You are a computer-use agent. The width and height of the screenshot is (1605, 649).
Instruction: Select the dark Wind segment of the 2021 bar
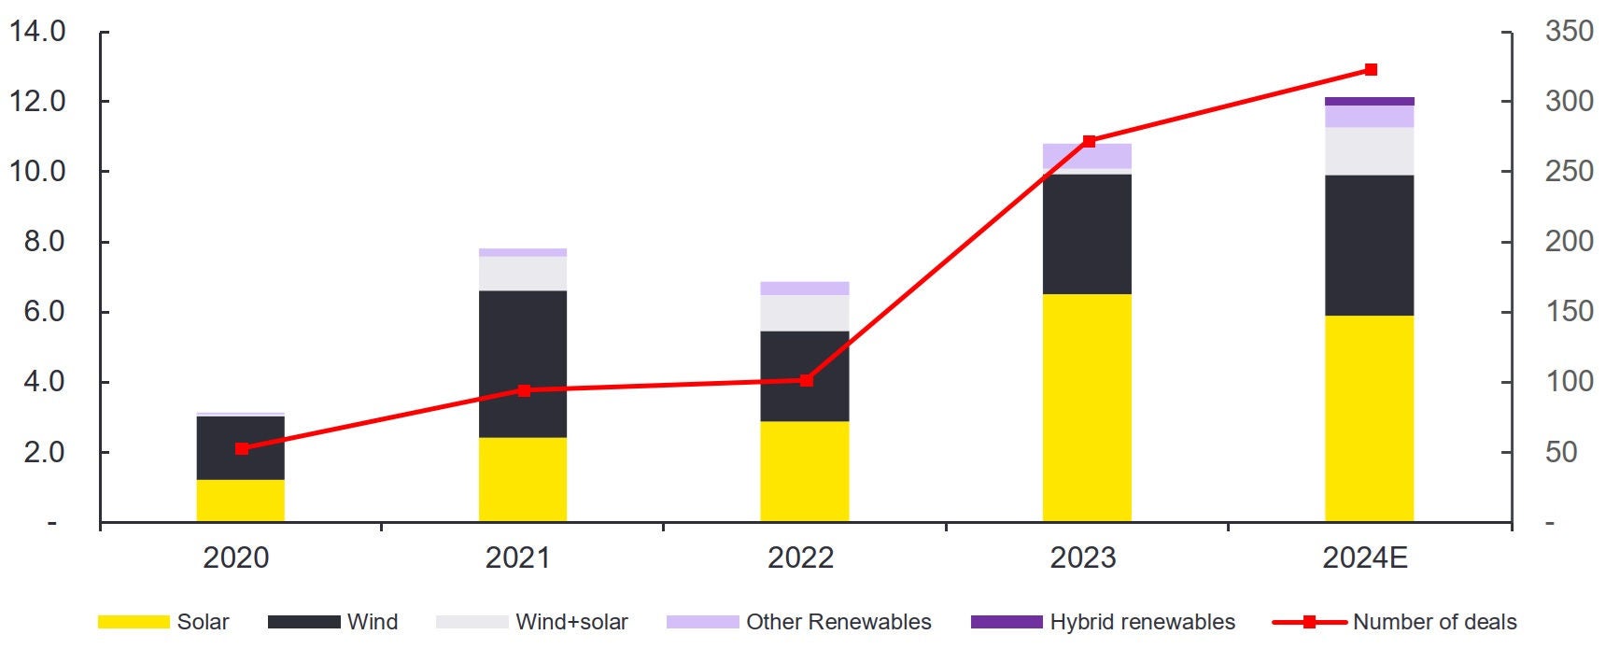point(522,364)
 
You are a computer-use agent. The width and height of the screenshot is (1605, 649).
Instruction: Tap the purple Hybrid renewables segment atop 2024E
point(1369,101)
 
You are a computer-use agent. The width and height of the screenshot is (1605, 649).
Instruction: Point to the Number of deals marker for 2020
point(242,448)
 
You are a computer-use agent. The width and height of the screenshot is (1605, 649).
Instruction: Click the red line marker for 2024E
point(1371,70)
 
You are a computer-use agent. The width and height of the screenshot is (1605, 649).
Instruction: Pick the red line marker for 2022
point(807,380)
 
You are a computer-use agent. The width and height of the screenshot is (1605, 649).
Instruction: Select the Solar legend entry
point(163,622)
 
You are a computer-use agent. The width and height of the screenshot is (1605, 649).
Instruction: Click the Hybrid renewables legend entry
point(1103,622)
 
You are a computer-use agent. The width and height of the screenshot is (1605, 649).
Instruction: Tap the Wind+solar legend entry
point(532,622)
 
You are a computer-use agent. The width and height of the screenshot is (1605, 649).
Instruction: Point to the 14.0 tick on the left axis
point(37,32)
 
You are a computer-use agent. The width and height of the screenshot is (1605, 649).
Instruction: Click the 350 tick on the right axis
point(1569,32)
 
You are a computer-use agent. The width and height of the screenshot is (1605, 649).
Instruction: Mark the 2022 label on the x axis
point(800,557)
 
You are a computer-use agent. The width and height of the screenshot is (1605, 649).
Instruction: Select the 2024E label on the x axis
point(1365,557)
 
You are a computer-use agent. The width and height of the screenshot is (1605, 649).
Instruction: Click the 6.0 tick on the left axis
point(37,312)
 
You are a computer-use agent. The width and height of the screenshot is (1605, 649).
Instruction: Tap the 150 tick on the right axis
point(1569,312)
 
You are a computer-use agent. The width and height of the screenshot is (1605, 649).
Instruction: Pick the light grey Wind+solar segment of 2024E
point(1369,151)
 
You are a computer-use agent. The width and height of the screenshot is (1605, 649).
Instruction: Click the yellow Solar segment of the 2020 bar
point(240,501)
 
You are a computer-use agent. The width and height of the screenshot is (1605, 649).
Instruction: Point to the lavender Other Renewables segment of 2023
point(1087,156)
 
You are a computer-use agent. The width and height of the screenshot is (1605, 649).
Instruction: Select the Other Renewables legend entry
point(799,622)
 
